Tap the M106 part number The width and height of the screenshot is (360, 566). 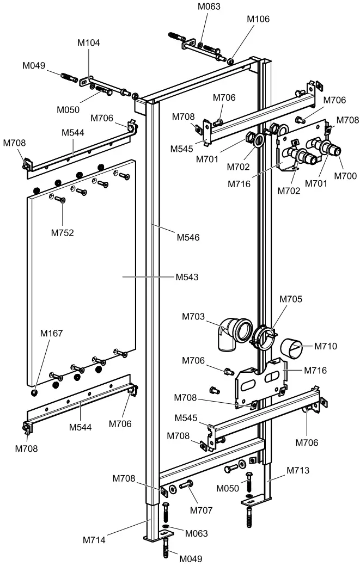pyautogui.click(x=258, y=19)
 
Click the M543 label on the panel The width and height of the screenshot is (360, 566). pyautogui.click(x=187, y=277)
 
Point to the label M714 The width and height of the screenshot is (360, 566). pyautogui.click(x=95, y=540)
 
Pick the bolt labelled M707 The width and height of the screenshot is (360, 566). pyautogui.click(x=187, y=485)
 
